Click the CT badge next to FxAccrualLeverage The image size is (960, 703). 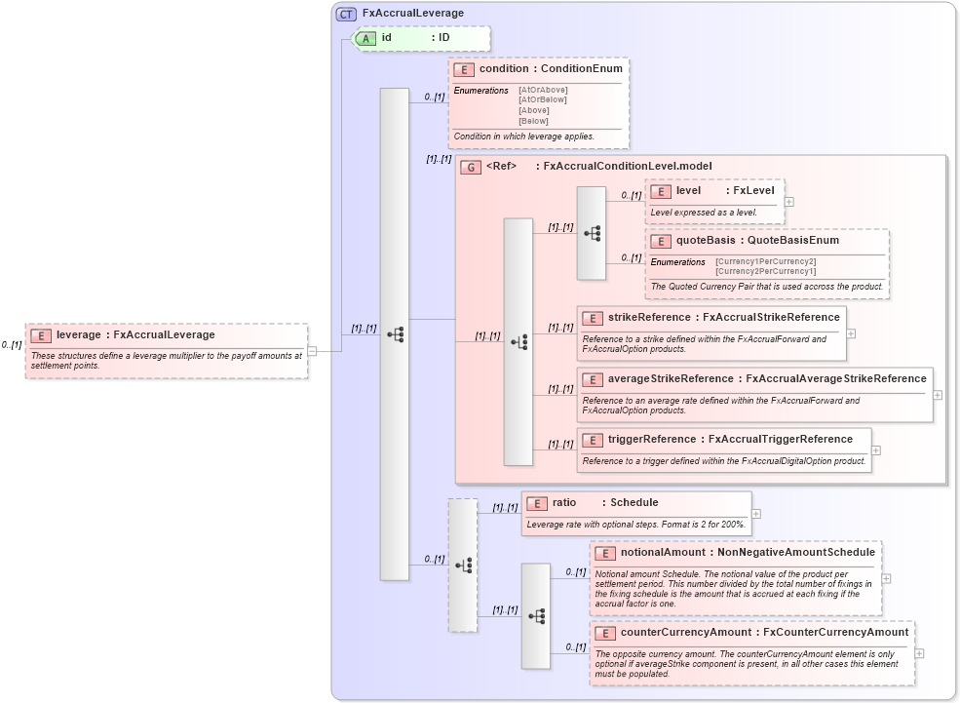click(x=346, y=14)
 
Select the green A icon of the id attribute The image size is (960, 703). click(x=366, y=38)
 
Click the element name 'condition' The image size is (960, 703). click(x=503, y=69)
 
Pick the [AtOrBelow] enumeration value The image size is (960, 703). click(x=542, y=99)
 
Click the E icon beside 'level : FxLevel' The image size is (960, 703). click(x=660, y=191)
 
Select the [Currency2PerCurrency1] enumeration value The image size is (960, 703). click(x=765, y=271)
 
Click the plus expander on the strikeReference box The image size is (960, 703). click(x=851, y=332)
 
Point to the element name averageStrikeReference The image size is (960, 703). click(x=671, y=378)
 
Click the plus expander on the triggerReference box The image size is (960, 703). click(x=876, y=450)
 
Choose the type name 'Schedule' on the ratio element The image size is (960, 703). click(x=634, y=503)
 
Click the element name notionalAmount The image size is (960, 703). click(x=664, y=553)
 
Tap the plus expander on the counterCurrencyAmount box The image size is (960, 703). click(x=919, y=653)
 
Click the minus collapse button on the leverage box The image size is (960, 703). click(x=312, y=351)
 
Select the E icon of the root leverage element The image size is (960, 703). click(x=41, y=335)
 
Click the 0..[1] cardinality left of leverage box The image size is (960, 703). click(x=12, y=345)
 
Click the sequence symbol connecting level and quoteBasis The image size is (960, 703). click(x=592, y=234)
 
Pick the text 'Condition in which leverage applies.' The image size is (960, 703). click(x=523, y=137)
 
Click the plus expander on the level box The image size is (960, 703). click(x=788, y=202)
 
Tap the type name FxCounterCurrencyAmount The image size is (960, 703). click(x=835, y=632)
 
